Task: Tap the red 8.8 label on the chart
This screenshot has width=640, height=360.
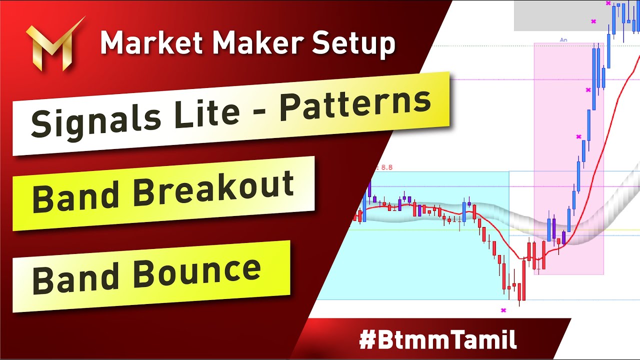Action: click(386, 168)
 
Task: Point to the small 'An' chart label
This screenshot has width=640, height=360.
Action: click(563, 39)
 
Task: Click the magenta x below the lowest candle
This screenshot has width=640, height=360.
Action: click(503, 310)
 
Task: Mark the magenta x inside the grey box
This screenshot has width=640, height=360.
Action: click(593, 21)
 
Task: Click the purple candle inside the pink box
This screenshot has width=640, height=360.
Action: click(563, 237)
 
